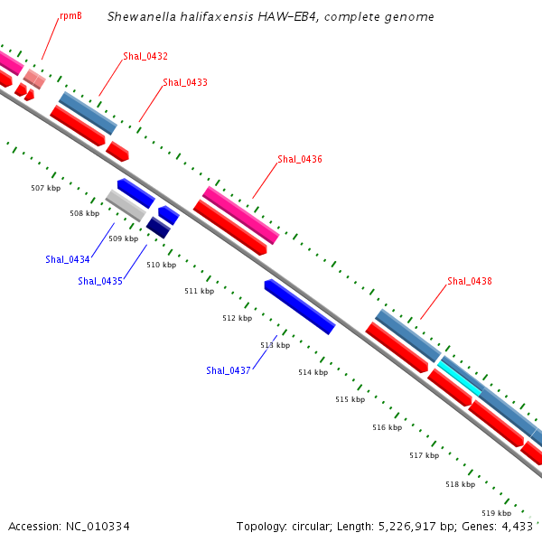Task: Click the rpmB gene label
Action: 70,15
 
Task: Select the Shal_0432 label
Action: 145,56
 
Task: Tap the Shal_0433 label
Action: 185,82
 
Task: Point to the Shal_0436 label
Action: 300,159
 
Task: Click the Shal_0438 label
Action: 470,281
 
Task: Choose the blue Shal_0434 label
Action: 68,259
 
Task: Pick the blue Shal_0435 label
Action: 100,281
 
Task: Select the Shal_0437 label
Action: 229,370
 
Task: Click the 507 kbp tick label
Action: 45,188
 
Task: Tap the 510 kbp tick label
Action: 161,265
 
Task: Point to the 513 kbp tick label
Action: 275,345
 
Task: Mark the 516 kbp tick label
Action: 387,427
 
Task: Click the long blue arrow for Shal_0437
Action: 300,306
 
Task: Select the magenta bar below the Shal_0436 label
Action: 241,215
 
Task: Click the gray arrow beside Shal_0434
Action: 126,205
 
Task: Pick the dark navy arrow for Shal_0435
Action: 158,228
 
